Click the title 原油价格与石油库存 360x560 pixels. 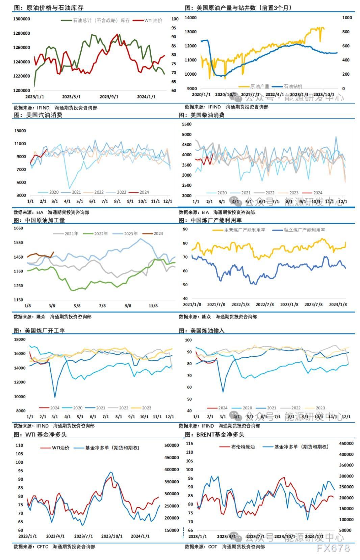point(54,7)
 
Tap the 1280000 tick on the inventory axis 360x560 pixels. point(22,33)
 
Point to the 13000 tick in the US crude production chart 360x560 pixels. point(191,32)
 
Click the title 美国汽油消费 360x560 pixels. point(44,115)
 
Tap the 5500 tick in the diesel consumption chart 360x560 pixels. point(187,124)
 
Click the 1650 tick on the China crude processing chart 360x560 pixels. point(18,228)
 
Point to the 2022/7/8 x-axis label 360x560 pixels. point(264,304)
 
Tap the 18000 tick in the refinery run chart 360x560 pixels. point(19,339)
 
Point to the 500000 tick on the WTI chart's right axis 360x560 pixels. point(172,446)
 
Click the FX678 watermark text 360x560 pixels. point(333,548)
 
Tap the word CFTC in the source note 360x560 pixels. point(43,546)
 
